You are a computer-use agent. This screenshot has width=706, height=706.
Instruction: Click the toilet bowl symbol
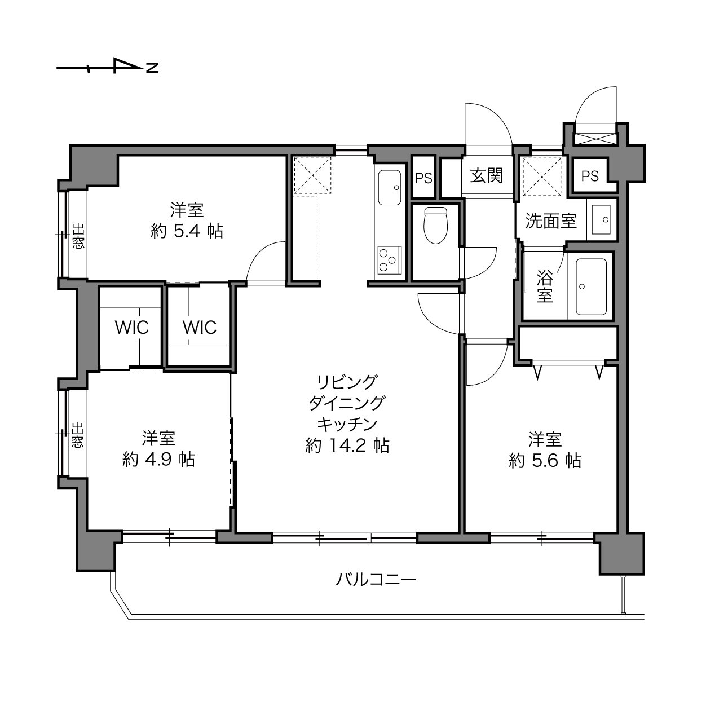[435, 226]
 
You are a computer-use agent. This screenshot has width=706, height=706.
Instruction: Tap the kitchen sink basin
[389, 187]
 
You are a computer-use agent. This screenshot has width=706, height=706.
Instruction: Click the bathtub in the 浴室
[591, 286]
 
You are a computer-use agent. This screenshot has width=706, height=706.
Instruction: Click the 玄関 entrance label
[487, 176]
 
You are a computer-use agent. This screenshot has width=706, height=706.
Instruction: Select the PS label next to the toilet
[423, 178]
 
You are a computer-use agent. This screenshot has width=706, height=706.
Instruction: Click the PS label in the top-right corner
[590, 177]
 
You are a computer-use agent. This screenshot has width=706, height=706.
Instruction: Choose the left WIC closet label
[132, 327]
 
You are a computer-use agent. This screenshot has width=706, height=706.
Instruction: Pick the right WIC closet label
[200, 327]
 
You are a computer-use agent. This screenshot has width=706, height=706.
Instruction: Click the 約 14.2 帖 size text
[347, 445]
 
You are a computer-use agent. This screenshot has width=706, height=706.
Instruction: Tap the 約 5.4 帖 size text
[187, 231]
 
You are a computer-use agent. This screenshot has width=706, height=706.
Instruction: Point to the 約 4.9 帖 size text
[158, 460]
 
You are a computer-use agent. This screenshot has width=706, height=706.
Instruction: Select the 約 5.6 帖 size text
[545, 461]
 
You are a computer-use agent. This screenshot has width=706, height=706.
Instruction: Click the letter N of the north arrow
[152, 68]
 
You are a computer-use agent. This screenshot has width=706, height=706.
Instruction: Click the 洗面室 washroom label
[551, 221]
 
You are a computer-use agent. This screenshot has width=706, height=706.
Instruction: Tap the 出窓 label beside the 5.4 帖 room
[78, 237]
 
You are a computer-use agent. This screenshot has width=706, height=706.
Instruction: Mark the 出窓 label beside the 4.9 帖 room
[77, 435]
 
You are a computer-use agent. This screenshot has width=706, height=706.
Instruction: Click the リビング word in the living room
[347, 382]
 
